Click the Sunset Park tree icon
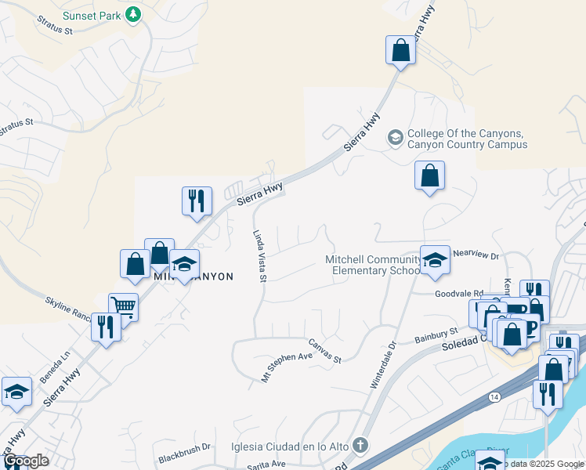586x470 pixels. pyautogui.click(x=134, y=13)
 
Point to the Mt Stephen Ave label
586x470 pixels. pyautogui.click(x=287, y=366)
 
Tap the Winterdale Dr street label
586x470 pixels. pyautogui.click(x=382, y=364)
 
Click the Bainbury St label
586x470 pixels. pyautogui.click(x=436, y=337)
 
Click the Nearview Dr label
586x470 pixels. pyautogui.click(x=476, y=254)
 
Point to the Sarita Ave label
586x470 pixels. pyautogui.click(x=266, y=464)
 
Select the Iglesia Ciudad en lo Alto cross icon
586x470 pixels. pyautogui.click(x=360, y=446)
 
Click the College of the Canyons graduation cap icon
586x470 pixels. pyautogui.click(x=396, y=138)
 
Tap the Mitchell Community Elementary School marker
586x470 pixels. pyautogui.click(x=432, y=262)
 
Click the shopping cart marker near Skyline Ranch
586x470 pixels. pyautogui.click(x=123, y=306)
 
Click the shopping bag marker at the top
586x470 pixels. pyautogui.click(x=400, y=51)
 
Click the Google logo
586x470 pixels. pyautogui.click(x=26, y=461)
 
